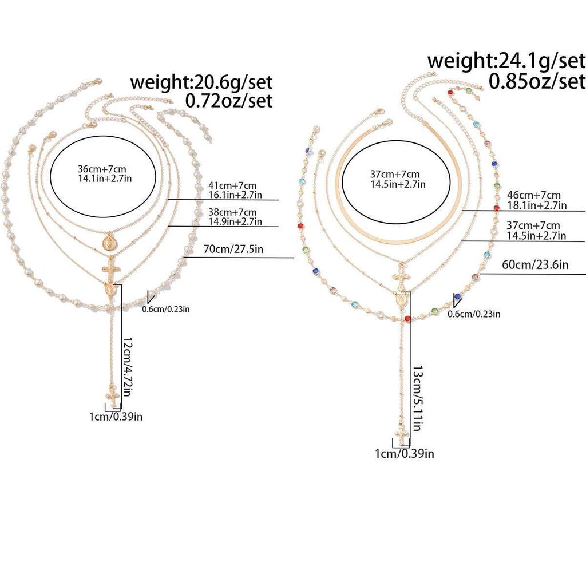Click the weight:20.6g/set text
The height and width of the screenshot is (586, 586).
point(201,82)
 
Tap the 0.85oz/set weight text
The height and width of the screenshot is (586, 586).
point(537,81)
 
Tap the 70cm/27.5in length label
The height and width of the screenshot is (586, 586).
point(233,249)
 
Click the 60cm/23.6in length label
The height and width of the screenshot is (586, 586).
point(535,264)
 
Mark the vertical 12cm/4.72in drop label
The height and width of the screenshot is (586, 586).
point(128,367)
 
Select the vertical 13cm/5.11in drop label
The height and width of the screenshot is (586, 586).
point(418,398)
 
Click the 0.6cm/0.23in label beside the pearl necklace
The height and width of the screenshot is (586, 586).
point(165,309)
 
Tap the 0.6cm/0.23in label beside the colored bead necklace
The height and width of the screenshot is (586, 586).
point(474,314)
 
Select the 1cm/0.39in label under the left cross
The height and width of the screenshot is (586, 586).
point(116,417)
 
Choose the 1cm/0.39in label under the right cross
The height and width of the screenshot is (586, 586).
point(405,453)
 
